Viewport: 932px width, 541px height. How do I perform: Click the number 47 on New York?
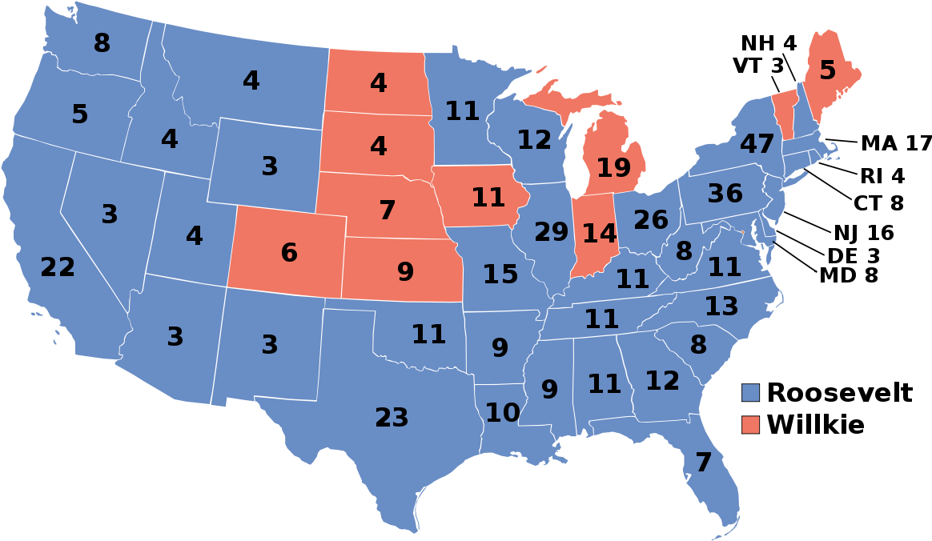pos(757,145)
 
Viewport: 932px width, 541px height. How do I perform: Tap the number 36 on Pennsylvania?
pos(725,194)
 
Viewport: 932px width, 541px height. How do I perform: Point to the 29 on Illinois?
pos(551,232)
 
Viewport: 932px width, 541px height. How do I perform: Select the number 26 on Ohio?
pos(651,220)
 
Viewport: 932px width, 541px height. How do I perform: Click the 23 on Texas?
pos(392,418)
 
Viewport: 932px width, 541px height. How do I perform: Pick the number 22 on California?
pos(58,267)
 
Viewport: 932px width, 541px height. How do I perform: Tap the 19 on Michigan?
pos(613,168)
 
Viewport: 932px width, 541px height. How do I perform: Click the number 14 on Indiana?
pos(599,234)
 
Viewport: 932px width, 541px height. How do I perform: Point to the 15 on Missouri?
pos(500,275)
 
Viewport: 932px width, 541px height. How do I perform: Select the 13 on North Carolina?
pos(721,306)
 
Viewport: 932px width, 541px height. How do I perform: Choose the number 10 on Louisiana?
pos(502,413)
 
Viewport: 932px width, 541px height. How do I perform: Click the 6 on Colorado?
pos(289,253)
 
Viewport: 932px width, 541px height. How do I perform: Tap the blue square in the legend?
pos(750,392)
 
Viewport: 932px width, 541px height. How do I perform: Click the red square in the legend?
pos(750,424)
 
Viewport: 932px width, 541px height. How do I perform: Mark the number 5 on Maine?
pos(827,71)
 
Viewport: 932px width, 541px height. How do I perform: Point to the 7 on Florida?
pos(703,463)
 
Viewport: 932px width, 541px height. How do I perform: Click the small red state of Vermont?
pos(783,109)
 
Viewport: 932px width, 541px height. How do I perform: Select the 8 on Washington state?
pos(102,43)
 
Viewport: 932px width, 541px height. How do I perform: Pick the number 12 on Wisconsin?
pos(534,140)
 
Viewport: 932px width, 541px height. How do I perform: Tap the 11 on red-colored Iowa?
pos(488,197)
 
